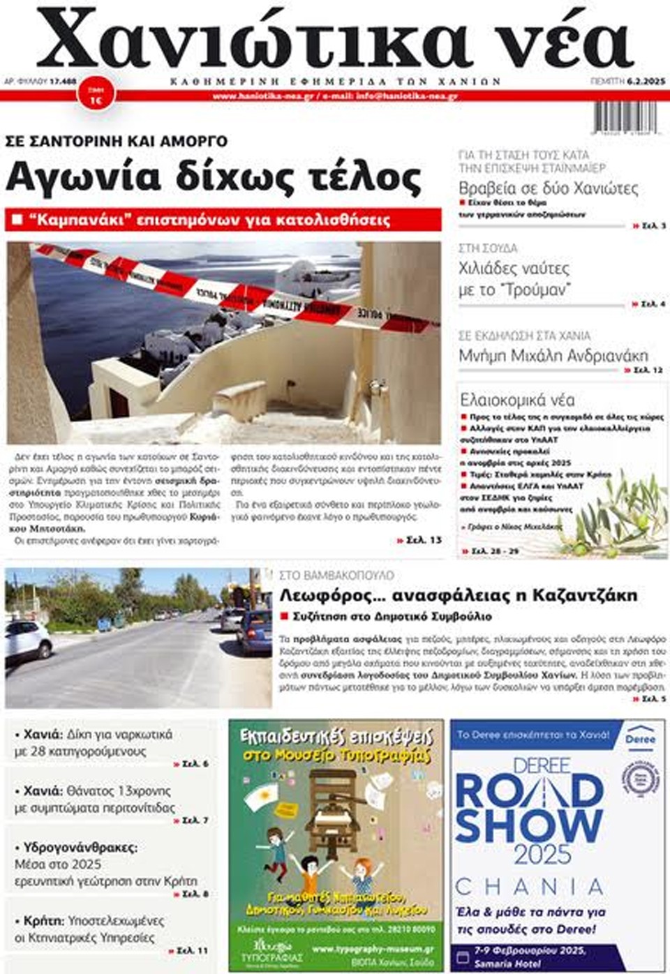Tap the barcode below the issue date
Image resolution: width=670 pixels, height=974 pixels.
[626, 117]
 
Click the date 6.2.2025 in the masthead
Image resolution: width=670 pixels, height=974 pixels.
[646, 81]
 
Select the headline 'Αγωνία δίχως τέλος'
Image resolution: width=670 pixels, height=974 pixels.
[214, 177]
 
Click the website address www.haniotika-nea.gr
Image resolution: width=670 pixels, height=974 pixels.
[263, 96]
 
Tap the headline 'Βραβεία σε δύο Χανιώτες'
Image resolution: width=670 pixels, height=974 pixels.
[549, 188]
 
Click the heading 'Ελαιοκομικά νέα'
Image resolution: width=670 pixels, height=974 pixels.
[517, 400]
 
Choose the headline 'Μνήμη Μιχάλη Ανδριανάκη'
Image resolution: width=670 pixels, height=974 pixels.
[553, 356]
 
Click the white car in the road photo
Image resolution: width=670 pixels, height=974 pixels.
[27, 640]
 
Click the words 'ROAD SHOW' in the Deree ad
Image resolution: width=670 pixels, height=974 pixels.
[528, 809]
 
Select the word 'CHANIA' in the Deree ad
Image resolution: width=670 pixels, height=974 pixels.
[528, 887]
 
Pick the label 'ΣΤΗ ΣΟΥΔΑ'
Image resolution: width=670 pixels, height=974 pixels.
[488, 248]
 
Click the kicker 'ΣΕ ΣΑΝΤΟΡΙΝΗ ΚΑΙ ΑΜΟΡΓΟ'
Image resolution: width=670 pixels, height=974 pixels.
[117, 141]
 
